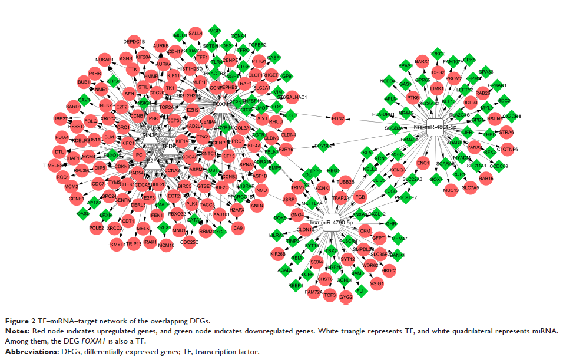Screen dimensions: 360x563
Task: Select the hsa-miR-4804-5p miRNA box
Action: [435, 127]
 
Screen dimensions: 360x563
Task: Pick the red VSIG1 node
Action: [377, 283]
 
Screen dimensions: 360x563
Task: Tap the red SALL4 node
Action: [196, 33]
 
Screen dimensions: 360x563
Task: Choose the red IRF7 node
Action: [60, 118]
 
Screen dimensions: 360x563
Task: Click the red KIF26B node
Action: [278, 254]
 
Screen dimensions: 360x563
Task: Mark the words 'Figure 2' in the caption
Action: [22, 321]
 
